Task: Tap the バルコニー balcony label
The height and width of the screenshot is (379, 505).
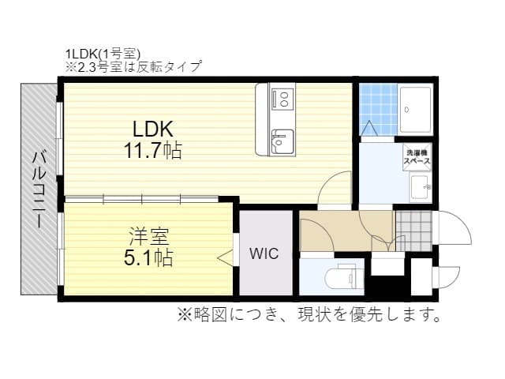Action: click(37, 190)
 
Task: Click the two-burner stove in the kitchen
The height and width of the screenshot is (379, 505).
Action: click(282, 99)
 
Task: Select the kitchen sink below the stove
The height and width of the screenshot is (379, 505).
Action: click(281, 142)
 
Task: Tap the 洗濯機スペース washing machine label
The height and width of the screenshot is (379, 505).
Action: click(417, 156)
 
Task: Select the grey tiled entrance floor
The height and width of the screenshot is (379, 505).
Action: click(413, 231)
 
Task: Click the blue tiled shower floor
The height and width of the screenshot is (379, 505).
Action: click(377, 109)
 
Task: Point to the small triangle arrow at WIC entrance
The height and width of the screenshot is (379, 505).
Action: click(227, 256)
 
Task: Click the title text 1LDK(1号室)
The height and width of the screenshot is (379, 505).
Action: click(102, 54)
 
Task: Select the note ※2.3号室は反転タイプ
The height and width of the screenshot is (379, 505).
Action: click(133, 67)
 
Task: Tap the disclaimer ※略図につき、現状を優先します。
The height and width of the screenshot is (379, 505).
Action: click(309, 316)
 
